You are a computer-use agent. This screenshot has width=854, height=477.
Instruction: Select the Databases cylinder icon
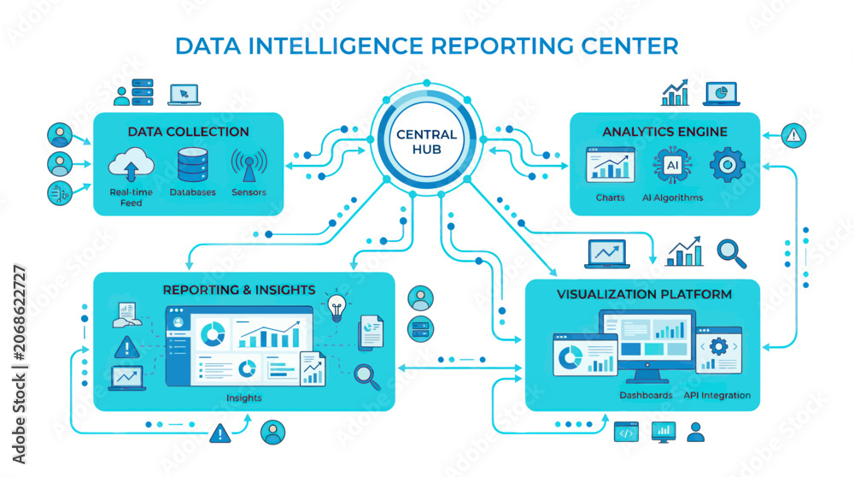pyautogui.click(x=192, y=165)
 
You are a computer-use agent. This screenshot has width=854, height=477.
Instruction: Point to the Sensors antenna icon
pyautogui.click(x=249, y=165)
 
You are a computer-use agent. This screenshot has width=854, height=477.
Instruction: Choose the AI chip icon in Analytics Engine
pyautogui.click(x=673, y=165)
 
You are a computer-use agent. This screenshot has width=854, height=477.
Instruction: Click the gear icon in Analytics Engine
pyautogui.click(x=727, y=165)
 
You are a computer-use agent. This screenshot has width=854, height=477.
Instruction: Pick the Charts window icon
pyautogui.click(x=611, y=164)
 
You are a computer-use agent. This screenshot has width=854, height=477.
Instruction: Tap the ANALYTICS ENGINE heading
pyautogui.click(x=664, y=132)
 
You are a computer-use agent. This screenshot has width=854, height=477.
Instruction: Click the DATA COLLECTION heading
pyautogui.click(x=188, y=132)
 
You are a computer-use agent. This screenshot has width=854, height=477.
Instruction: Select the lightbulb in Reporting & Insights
pyautogui.click(x=336, y=307)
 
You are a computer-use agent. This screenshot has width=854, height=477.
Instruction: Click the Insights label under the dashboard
pyautogui.click(x=244, y=398)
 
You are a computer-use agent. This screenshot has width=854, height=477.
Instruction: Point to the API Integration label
pyautogui.click(x=717, y=395)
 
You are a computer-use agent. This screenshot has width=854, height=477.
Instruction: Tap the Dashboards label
pyautogui.click(x=646, y=395)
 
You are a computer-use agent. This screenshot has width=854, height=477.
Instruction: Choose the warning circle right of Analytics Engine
pyautogui.click(x=793, y=135)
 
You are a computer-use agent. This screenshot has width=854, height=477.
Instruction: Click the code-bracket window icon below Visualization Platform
pyautogui.click(x=626, y=432)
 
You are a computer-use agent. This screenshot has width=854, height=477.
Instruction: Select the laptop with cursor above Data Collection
pyautogui.click(x=184, y=94)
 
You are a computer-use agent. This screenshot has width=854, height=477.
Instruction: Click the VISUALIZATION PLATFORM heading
pyautogui.click(x=644, y=294)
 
